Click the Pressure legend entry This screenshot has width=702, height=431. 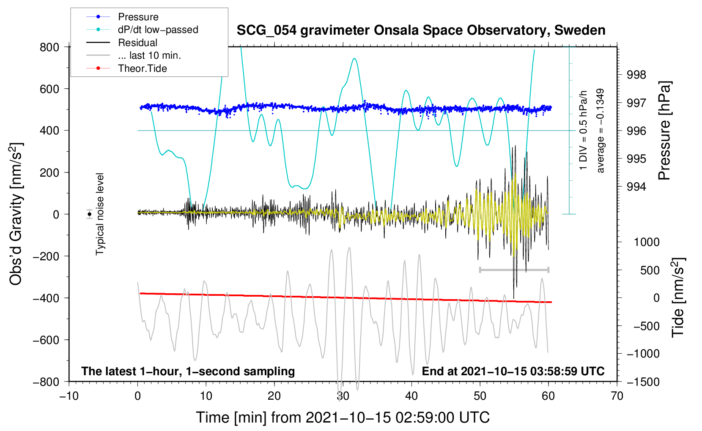pos(122,16)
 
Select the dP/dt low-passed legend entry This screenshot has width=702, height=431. pos(142,30)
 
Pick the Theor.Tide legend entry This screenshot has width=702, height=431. pos(126,68)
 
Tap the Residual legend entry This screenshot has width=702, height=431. pos(122,42)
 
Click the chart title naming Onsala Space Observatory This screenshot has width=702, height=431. pos(421,30)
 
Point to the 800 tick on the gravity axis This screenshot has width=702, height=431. pos(49,47)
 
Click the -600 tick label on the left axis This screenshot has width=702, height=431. pos(46,340)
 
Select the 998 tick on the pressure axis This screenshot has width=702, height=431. pos(636,75)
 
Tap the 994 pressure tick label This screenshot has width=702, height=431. pos(636,187)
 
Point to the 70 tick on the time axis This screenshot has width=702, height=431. pos(617,396)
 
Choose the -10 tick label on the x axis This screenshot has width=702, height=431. pos(69,396)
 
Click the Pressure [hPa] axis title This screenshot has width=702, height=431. pos(665,131)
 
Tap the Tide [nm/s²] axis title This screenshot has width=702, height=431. pos(678,297)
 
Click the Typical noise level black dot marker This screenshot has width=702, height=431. pos(90,214)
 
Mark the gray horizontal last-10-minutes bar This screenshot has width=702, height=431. pos(514,270)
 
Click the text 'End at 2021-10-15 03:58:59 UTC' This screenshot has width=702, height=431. pos(513,371)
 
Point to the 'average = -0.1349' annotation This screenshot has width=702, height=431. pos(600,131)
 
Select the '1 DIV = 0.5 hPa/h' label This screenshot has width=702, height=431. pos(583,131)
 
